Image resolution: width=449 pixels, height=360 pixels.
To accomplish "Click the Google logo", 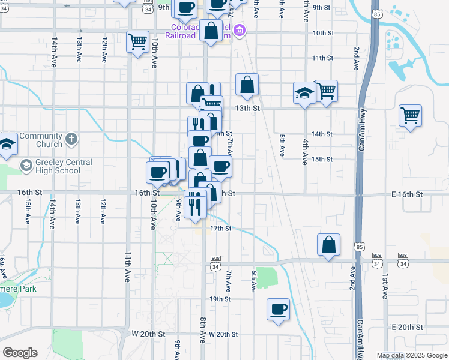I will click(20, 353).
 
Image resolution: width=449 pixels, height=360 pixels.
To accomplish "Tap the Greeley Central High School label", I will click(59, 166).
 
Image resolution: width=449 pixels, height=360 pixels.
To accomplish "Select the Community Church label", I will click(41, 140).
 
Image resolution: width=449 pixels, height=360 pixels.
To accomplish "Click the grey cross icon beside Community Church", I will click(71, 139).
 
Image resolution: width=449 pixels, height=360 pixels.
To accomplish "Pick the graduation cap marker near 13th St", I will click(304, 94).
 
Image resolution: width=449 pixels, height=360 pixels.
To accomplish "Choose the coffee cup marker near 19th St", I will click(278, 310).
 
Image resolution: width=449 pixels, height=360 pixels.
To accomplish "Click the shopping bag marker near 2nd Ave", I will click(328, 245).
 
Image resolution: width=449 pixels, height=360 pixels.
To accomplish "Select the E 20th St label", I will click(407, 327).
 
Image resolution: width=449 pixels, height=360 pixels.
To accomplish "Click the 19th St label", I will click(220, 299).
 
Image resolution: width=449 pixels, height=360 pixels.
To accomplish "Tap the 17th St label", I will click(220, 229).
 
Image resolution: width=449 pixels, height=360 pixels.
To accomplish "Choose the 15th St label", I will click(322, 159).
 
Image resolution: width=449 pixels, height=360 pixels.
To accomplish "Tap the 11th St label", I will click(322, 58).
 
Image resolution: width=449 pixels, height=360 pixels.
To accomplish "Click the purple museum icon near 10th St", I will click(240, 30).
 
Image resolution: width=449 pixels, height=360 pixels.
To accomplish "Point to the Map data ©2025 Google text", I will click(411, 355).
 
